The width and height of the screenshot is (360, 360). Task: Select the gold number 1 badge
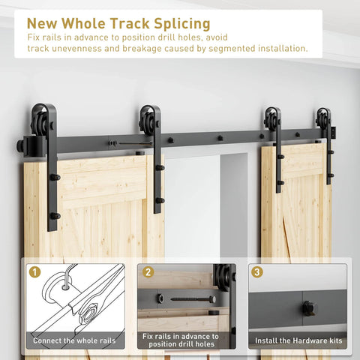tap(34, 272)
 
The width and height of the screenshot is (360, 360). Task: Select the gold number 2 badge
tap(148, 272)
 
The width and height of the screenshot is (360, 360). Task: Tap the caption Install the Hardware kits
tap(298, 340)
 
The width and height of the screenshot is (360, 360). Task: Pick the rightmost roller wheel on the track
tap(324, 120)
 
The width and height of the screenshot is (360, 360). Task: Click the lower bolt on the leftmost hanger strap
tap(54, 216)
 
